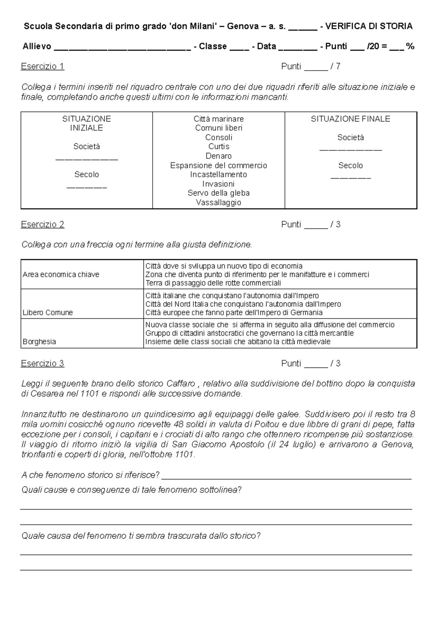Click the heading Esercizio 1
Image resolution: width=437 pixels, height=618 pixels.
[x=43, y=66]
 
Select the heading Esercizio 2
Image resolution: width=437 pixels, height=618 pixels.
[x=43, y=224]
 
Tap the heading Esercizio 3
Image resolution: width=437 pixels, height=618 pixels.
[x=43, y=363]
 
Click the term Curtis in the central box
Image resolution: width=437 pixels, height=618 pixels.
[x=219, y=146]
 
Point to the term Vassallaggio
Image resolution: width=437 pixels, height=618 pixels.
[x=219, y=202]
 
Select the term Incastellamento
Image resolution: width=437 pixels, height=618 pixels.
[x=219, y=174]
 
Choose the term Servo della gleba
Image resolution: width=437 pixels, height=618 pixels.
[x=219, y=193]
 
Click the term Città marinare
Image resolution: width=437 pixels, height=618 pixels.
[x=219, y=119]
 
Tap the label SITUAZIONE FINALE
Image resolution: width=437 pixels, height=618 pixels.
[x=350, y=119]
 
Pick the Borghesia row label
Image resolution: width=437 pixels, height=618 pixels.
[x=39, y=341]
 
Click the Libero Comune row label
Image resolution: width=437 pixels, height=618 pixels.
[x=48, y=312]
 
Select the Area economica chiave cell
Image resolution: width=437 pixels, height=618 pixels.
[x=61, y=274]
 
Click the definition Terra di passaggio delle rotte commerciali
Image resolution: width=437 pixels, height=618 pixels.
[x=213, y=283]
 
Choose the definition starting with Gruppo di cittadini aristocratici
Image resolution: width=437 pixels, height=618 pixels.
[x=249, y=333]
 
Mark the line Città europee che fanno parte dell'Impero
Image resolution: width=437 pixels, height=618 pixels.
[x=234, y=312]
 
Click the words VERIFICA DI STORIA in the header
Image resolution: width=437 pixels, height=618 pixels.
[x=369, y=26]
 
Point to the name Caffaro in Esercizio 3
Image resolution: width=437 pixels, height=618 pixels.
[x=181, y=384]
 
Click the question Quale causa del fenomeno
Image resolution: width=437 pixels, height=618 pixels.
[x=141, y=536]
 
